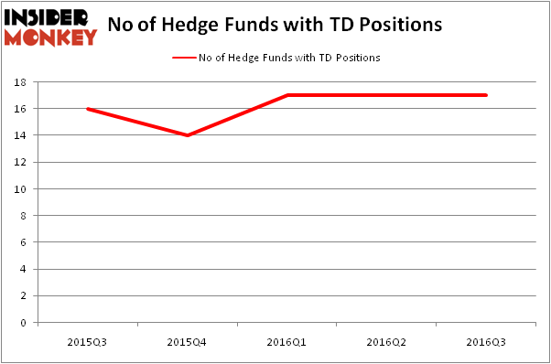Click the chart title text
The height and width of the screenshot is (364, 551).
coord(275,26)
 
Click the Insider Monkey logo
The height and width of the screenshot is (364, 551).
coord(50,27)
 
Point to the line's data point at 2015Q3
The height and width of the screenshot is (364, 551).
coord(87,109)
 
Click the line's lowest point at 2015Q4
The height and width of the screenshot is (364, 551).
coord(187,135)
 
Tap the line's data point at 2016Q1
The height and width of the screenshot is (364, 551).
coord(286,95)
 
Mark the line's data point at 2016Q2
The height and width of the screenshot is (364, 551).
coord(386,95)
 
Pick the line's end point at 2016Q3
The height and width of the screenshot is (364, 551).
coord(486,95)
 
